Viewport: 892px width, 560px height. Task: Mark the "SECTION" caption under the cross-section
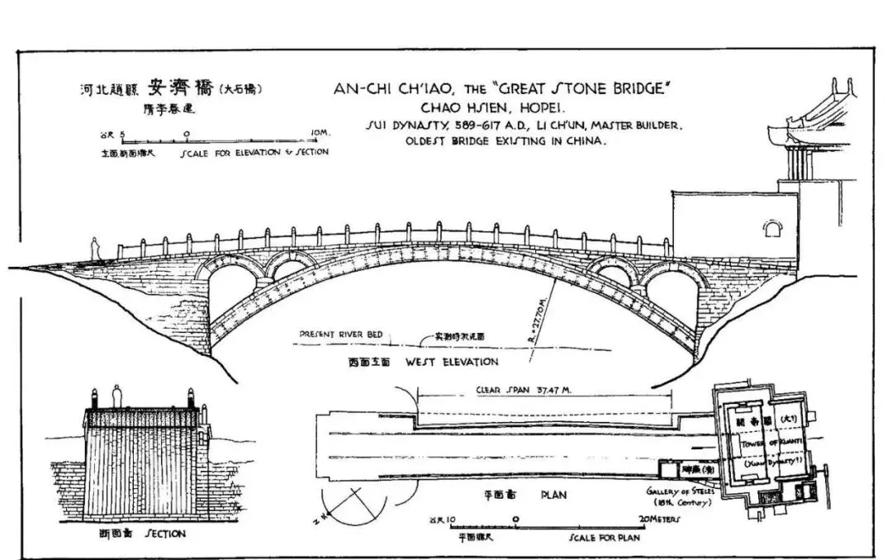pos(165,534)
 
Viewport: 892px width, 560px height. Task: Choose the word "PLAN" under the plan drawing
pos(552,496)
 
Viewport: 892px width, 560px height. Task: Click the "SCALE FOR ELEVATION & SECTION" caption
pos(254,152)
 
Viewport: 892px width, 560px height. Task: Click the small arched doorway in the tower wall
pos(773,227)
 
